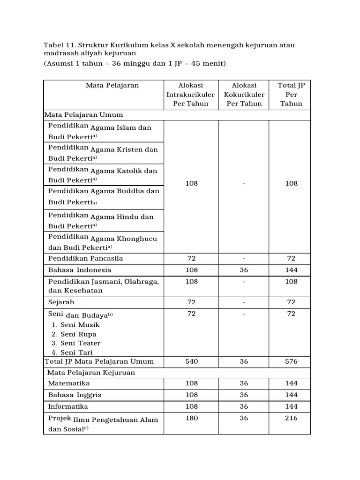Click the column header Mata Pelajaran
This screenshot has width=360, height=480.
[x=112, y=85]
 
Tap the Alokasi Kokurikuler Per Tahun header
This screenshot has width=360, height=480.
[x=244, y=95]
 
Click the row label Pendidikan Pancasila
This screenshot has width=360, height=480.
[x=86, y=258]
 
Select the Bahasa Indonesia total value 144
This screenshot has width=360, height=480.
[x=292, y=270]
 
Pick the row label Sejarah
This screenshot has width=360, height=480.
[x=61, y=302]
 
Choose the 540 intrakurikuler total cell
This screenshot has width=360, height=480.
[x=191, y=362]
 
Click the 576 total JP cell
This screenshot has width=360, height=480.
[x=292, y=362]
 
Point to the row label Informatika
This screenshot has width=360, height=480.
[x=68, y=406]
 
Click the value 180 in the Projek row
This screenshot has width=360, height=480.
[x=191, y=418]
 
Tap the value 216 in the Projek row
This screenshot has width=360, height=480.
[x=292, y=418]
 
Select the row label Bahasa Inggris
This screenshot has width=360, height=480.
[x=75, y=395]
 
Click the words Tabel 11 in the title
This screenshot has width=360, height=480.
[x=59, y=45]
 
